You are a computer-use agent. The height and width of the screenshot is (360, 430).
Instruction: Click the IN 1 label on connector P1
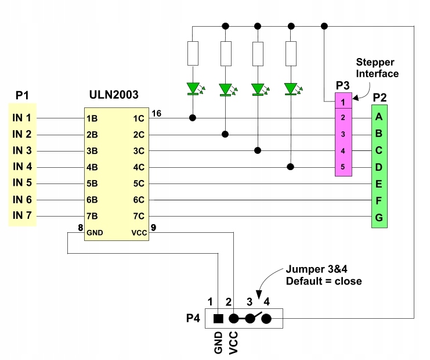(22, 118)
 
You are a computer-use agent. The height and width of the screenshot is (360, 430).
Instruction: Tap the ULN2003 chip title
(114, 94)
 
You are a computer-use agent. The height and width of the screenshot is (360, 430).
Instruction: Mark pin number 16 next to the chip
(156, 113)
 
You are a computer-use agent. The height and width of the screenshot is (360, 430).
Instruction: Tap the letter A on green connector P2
(379, 117)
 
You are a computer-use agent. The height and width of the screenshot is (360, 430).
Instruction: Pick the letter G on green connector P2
(379, 217)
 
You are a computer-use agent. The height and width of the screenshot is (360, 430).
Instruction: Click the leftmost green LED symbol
(193, 89)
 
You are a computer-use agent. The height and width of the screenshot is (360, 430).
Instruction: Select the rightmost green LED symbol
(290, 89)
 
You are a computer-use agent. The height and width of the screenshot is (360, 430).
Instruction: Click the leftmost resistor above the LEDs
(193, 54)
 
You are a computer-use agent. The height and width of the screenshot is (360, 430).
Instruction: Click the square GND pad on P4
(218, 318)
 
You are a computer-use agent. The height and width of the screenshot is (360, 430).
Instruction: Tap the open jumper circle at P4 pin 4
(266, 318)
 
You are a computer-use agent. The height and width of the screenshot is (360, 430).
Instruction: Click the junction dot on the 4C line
(290, 167)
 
